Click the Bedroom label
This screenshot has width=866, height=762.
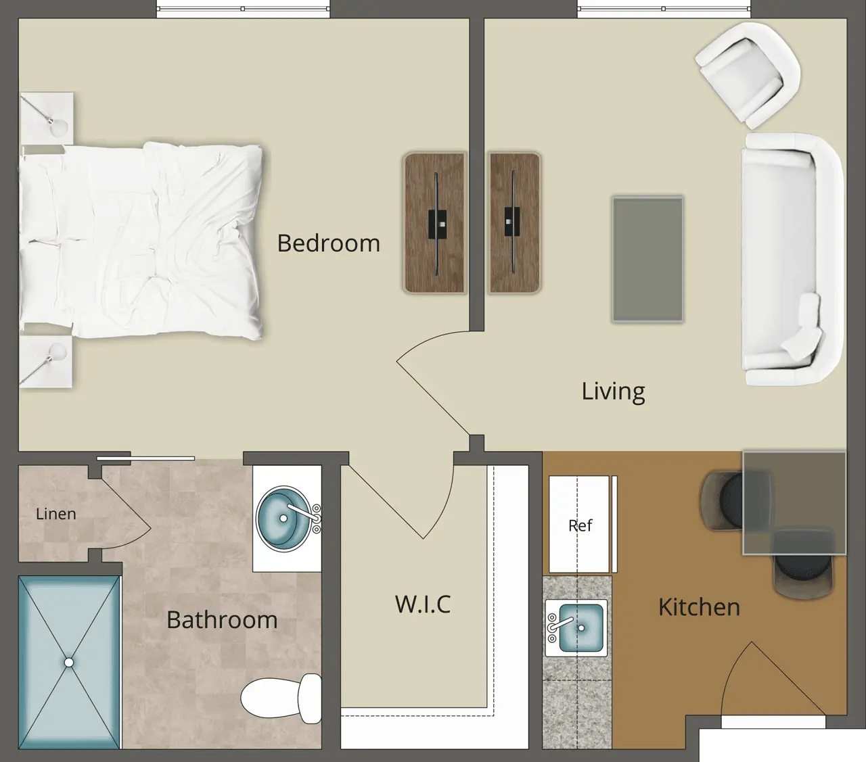pos(328,243)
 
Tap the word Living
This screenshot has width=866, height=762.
pos(613,391)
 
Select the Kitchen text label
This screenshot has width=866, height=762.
pos(699,607)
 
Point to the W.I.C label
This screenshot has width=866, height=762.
pos(423,604)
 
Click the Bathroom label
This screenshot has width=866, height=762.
pos(222,620)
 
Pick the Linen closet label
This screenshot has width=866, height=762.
pos(56,514)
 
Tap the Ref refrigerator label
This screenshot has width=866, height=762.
pos(580,525)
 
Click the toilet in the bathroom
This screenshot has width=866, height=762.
pos(281,699)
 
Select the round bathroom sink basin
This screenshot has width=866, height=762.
pos(284,519)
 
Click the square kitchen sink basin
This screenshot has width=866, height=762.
pos(580,628)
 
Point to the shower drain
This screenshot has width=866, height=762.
pos(69,663)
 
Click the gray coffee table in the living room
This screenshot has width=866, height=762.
pos(647,259)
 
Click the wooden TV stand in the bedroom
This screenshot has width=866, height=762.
pos(434,222)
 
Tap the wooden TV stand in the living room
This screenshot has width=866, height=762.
pos(515,222)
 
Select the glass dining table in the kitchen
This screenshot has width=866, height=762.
pos(794,502)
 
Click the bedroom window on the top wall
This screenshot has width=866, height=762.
pos(243,9)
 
